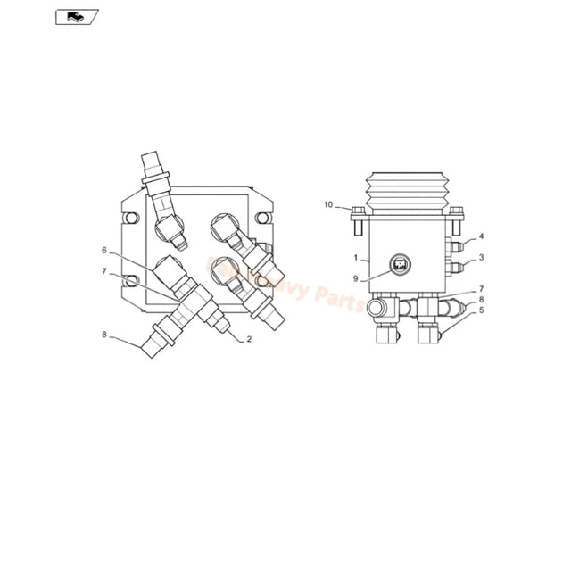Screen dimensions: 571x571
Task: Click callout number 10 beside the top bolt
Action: click(327, 205)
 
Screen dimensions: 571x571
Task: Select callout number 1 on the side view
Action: click(355, 258)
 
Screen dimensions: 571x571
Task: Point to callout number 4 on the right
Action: click(481, 237)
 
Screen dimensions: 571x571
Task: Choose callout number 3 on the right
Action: click(481, 258)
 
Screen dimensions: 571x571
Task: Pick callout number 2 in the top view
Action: click(249, 340)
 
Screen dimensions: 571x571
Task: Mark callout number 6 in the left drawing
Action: click(103, 250)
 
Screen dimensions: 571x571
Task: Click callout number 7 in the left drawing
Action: click(103, 270)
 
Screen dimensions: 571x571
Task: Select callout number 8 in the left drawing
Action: click(103, 335)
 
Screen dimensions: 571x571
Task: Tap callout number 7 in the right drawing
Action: click(481, 289)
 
